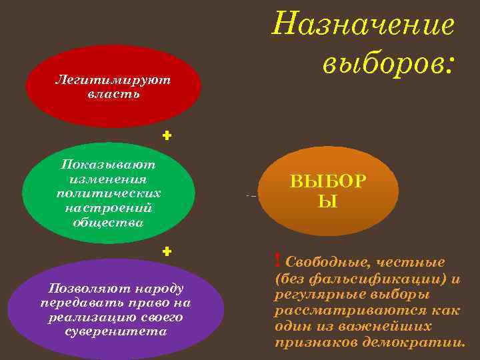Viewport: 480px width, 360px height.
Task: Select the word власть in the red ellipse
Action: tap(113, 93)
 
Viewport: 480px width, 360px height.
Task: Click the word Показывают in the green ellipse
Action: tap(109, 163)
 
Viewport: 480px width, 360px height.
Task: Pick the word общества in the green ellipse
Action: tap(109, 222)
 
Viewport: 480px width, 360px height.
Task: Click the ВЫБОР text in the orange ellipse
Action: tap(327, 181)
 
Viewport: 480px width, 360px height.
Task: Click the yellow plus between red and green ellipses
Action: tap(167, 135)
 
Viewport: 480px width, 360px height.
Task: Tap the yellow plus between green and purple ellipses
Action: tap(167, 251)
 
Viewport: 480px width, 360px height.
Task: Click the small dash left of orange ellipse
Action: tap(251, 196)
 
